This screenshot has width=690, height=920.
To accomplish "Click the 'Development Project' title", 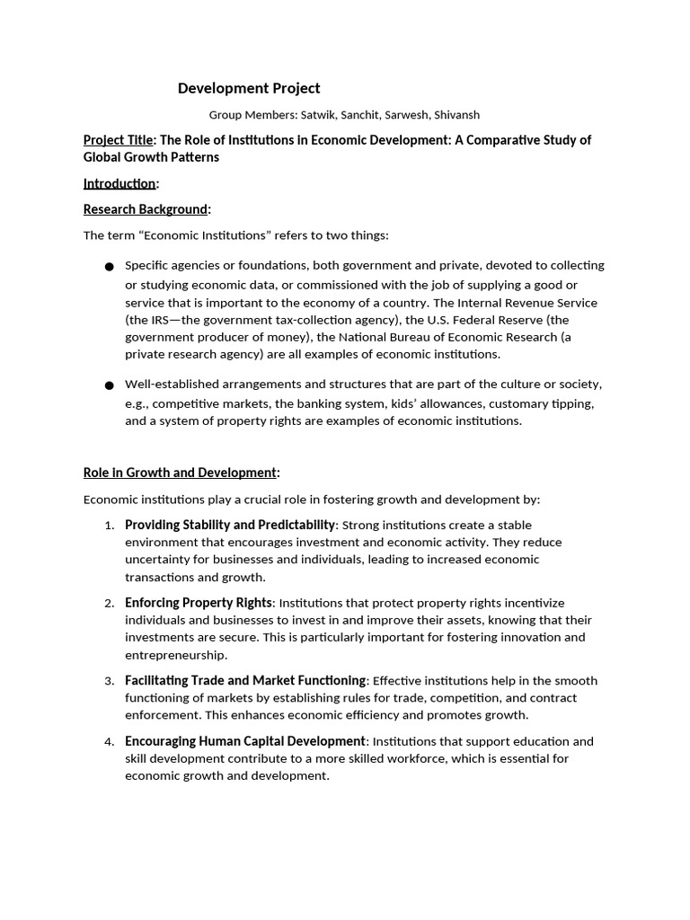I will pos(249,88).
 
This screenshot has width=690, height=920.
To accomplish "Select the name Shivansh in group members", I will pos(456,115).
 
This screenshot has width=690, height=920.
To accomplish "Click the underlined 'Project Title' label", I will pos(119,140).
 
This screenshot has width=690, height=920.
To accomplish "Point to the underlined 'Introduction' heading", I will pos(119,183).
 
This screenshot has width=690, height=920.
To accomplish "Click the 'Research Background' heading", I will pos(146,209).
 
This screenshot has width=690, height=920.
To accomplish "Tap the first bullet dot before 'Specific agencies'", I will pos(110,267).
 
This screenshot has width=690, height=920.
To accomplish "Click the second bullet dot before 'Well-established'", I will pos(110,385).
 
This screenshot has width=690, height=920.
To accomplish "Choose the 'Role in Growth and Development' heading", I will pos(180,473).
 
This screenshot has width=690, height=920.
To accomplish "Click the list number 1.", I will pos(109,526).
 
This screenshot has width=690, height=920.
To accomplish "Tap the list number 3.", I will pos(109,681).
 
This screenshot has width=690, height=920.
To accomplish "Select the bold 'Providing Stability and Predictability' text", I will pos(230,525).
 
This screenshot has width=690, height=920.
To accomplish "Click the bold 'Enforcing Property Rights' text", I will pos(199,603).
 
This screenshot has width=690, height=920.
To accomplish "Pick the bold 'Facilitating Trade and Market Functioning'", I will pos(245,681).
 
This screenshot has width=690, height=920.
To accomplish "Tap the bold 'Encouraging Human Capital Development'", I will pos(245,741).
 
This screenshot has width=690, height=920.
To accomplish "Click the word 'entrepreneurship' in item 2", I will pos(175,655).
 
